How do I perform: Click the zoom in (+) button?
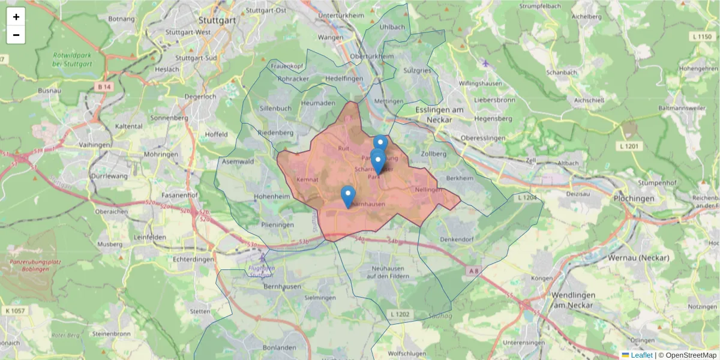16,17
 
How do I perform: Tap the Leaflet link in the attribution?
641,355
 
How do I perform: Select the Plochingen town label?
634,198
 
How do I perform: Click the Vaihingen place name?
95,145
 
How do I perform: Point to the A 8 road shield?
473,272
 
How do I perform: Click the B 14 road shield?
104,87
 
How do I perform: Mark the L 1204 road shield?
527,197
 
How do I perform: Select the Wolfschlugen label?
407,353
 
